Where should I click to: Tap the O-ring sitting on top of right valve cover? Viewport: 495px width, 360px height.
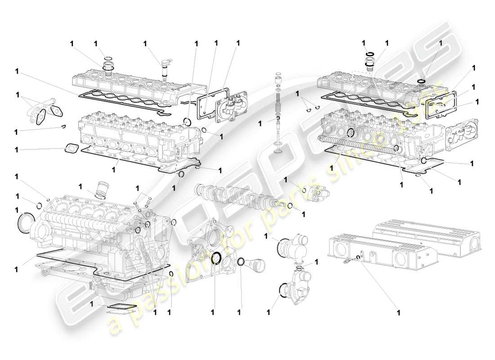pyautogui.click(x=421, y=81)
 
